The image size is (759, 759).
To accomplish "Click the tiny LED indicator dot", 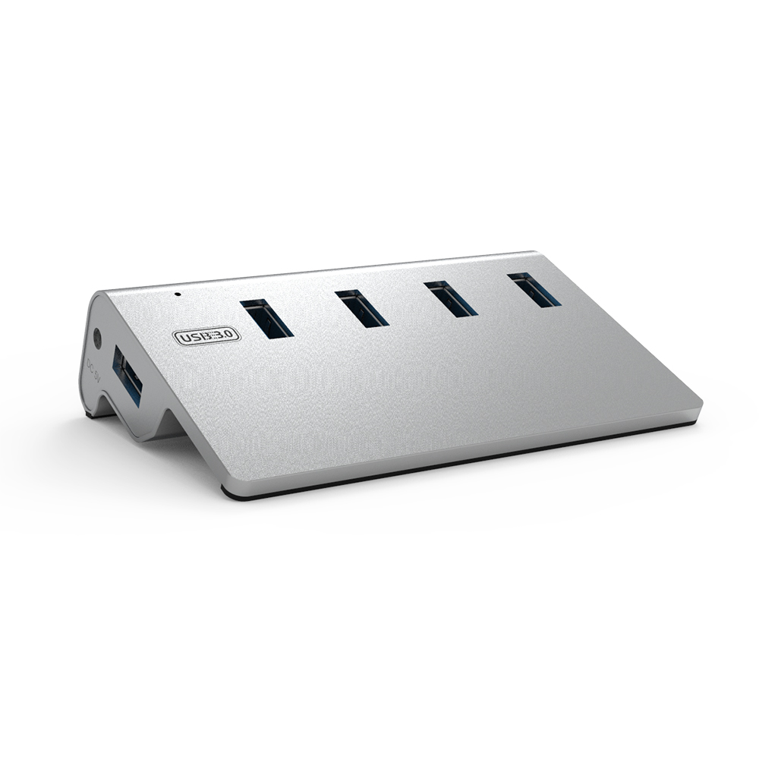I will coord(177,293).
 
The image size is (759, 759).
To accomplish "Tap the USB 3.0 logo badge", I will coord(207,335).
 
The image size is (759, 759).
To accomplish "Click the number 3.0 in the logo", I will coord(225,334).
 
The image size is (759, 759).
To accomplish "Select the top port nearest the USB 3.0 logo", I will coord(266,318).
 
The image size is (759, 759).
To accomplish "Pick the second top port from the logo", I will coord(362,308).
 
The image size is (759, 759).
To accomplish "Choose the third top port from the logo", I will coord(451,298).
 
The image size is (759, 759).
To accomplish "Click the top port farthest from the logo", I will coord(534,289).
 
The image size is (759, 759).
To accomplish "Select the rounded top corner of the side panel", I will coord(99,296).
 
